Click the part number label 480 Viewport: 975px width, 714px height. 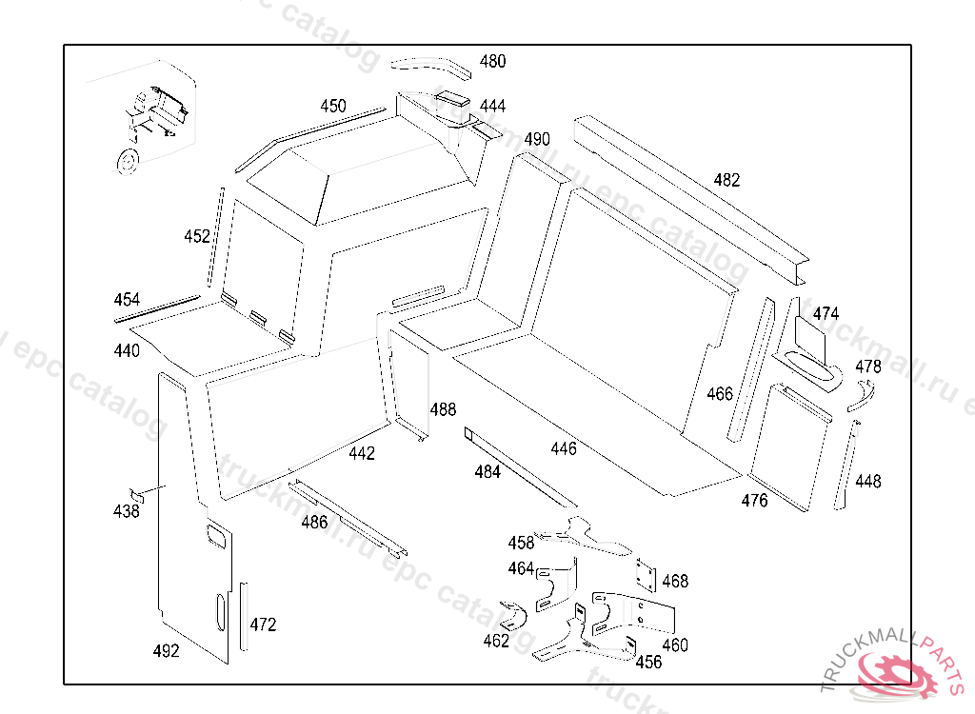point(492,62)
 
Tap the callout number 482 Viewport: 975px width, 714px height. point(726,180)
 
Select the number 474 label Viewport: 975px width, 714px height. point(826,314)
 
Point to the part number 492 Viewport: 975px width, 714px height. point(166,651)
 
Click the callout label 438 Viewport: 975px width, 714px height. point(126,511)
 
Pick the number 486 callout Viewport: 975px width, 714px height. point(314,522)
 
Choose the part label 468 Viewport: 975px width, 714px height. point(675,581)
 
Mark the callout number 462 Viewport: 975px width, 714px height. point(496,641)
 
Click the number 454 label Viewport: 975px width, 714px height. point(127,300)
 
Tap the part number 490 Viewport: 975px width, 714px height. point(537,139)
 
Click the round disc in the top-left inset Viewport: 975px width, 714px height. point(125,162)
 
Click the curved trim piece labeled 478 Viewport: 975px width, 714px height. point(861,396)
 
